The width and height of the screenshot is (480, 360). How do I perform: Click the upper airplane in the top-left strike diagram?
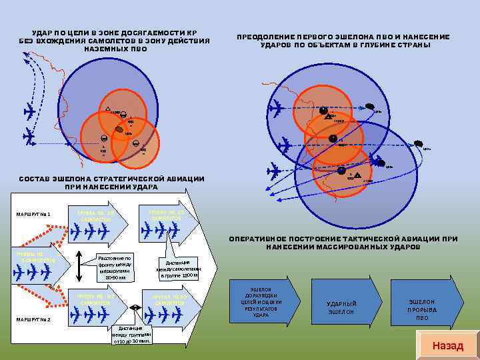[29, 111]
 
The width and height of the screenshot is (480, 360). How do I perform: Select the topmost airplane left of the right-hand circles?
[275, 105]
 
